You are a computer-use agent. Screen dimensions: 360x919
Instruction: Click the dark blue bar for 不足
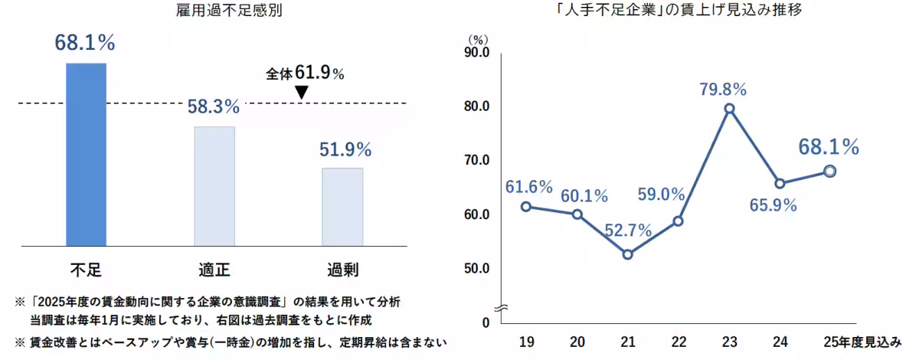point(86,154)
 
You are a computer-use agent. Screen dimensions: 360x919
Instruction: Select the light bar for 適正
point(214,186)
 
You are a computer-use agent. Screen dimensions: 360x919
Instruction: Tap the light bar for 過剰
point(342,207)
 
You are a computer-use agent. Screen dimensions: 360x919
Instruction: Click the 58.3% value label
point(214,106)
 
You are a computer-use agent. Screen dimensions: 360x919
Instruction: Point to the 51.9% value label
point(345,149)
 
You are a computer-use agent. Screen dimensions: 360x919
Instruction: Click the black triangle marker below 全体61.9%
point(301,92)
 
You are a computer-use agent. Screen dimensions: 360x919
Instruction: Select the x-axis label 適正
point(214,269)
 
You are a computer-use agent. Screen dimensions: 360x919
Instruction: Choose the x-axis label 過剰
point(342,269)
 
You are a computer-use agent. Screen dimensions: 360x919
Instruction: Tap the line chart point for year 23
point(729,109)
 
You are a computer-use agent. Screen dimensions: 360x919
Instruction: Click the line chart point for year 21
point(627,254)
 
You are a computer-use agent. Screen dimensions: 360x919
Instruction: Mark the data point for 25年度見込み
point(829,171)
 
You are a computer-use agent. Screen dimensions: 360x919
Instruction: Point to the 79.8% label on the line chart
point(723,88)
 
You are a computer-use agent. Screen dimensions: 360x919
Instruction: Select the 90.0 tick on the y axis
point(476,52)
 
